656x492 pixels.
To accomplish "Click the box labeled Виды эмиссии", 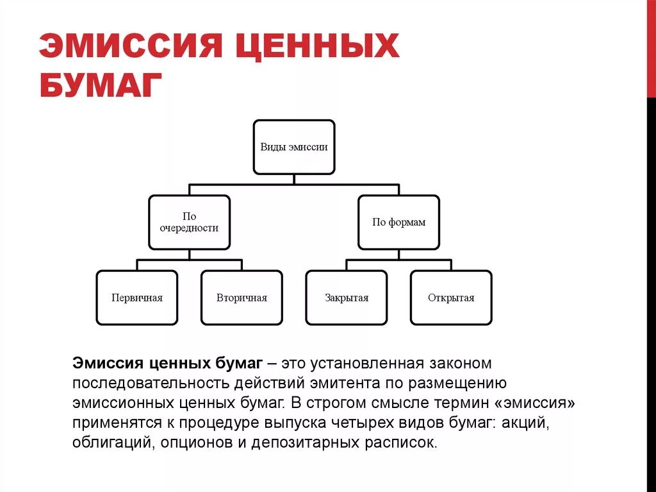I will click(294, 147).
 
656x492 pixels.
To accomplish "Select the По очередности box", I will click(189, 222).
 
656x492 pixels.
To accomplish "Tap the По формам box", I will click(398, 222).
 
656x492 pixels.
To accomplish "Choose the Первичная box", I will click(136, 298).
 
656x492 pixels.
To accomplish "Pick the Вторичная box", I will click(242, 298).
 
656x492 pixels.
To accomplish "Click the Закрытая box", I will click(347, 298).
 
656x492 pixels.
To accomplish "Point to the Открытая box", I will click(451, 298).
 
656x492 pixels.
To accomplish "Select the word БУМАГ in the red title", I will click(99, 85).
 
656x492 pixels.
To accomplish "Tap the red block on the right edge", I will click(651, 48).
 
